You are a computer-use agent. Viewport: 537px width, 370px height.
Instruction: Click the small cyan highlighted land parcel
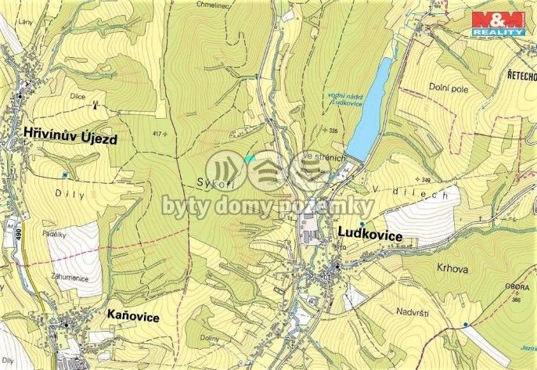(x=249, y=159)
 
